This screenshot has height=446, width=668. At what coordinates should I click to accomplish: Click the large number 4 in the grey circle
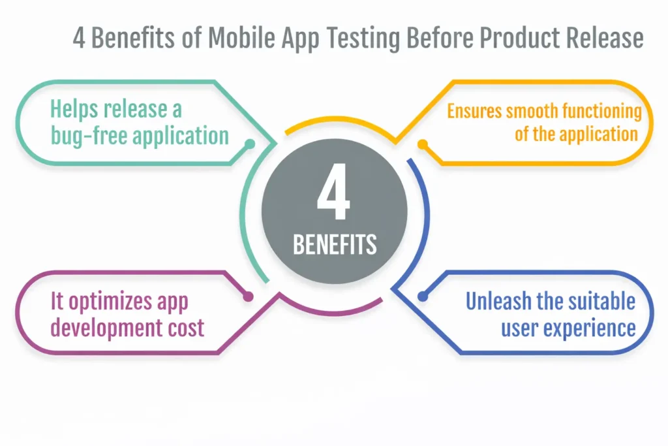(334, 197)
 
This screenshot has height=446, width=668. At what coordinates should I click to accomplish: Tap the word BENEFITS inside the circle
(335, 244)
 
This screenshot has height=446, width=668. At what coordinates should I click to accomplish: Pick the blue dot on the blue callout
(423, 296)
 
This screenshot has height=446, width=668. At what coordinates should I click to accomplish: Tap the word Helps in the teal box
(76, 109)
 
